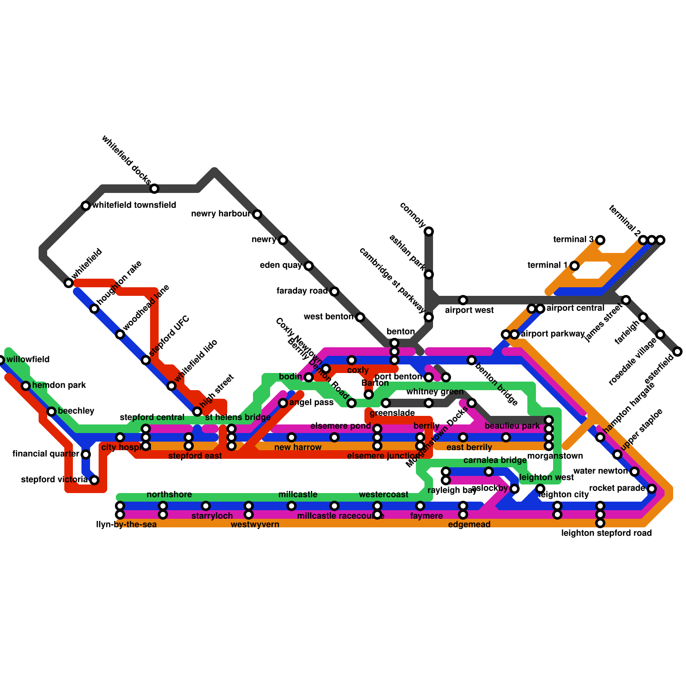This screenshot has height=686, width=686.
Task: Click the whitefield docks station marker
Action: pos(154,189)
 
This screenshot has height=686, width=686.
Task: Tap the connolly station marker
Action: pos(429,232)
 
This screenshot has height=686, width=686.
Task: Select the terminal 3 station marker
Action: pos(600,240)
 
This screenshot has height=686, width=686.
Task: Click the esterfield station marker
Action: pos(677,352)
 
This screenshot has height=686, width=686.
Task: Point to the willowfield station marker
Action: pos(1,360)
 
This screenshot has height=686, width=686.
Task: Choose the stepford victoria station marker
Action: pos(94,480)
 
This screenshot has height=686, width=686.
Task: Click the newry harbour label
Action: pos(220,214)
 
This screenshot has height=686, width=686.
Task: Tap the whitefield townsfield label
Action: pos(134,205)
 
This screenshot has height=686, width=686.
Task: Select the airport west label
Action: pos(469,310)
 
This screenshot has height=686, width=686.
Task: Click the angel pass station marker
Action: pos(283,403)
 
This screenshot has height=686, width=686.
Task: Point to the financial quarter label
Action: pos(46,454)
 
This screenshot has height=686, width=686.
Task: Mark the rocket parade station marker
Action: pos(652,488)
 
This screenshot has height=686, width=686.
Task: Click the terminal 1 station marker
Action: pos(575,266)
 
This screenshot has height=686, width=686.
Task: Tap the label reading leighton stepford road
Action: pos(606,533)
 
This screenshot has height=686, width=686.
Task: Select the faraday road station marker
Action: pos(334,292)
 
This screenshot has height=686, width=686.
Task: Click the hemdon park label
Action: pos(59,385)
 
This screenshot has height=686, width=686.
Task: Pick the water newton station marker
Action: pos(635,472)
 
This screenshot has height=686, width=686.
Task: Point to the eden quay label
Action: pos(281,265)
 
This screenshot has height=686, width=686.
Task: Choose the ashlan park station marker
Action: pos(429,274)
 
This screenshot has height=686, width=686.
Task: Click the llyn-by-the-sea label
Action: pos(126,524)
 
